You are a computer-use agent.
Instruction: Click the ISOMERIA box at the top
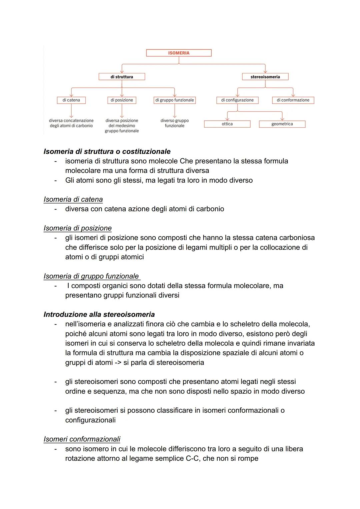(x=179, y=53)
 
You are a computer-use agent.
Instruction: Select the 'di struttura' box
(x=122, y=77)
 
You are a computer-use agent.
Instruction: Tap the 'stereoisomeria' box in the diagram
(x=265, y=77)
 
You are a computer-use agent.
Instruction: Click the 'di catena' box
(x=71, y=100)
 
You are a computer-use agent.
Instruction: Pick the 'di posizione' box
(x=122, y=100)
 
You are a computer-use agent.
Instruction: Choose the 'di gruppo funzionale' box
(x=174, y=100)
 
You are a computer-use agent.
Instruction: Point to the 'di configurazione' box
(x=237, y=100)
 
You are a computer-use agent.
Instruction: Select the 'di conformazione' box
(x=293, y=100)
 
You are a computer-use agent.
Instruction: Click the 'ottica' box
(x=227, y=124)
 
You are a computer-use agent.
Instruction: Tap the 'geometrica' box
(x=282, y=124)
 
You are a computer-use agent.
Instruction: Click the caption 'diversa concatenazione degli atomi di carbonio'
(x=71, y=123)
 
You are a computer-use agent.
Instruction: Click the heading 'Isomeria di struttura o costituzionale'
(x=107, y=151)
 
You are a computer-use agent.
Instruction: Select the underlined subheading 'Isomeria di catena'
(x=73, y=199)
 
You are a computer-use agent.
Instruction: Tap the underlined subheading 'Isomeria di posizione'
(x=77, y=228)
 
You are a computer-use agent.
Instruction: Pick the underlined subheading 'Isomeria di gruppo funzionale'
(x=91, y=276)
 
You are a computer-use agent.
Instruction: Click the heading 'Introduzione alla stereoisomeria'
(x=99, y=314)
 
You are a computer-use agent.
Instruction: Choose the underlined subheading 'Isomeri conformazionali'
(x=82, y=439)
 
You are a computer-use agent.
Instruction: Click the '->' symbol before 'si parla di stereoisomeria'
(x=118, y=362)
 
